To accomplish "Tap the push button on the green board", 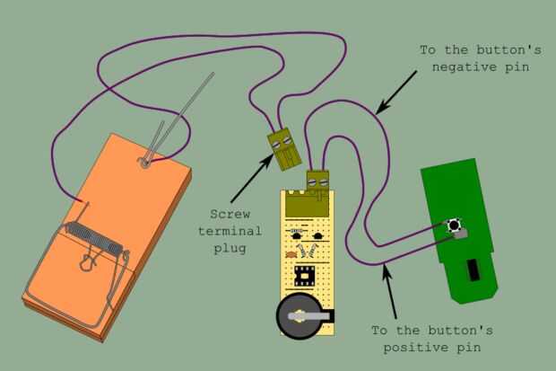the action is pos(456,224).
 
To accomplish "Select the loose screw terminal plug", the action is pos(282,148).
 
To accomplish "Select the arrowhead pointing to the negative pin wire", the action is pos(380,110).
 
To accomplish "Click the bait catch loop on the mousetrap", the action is pos(88,263).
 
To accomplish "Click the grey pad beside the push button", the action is pos(464,234).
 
